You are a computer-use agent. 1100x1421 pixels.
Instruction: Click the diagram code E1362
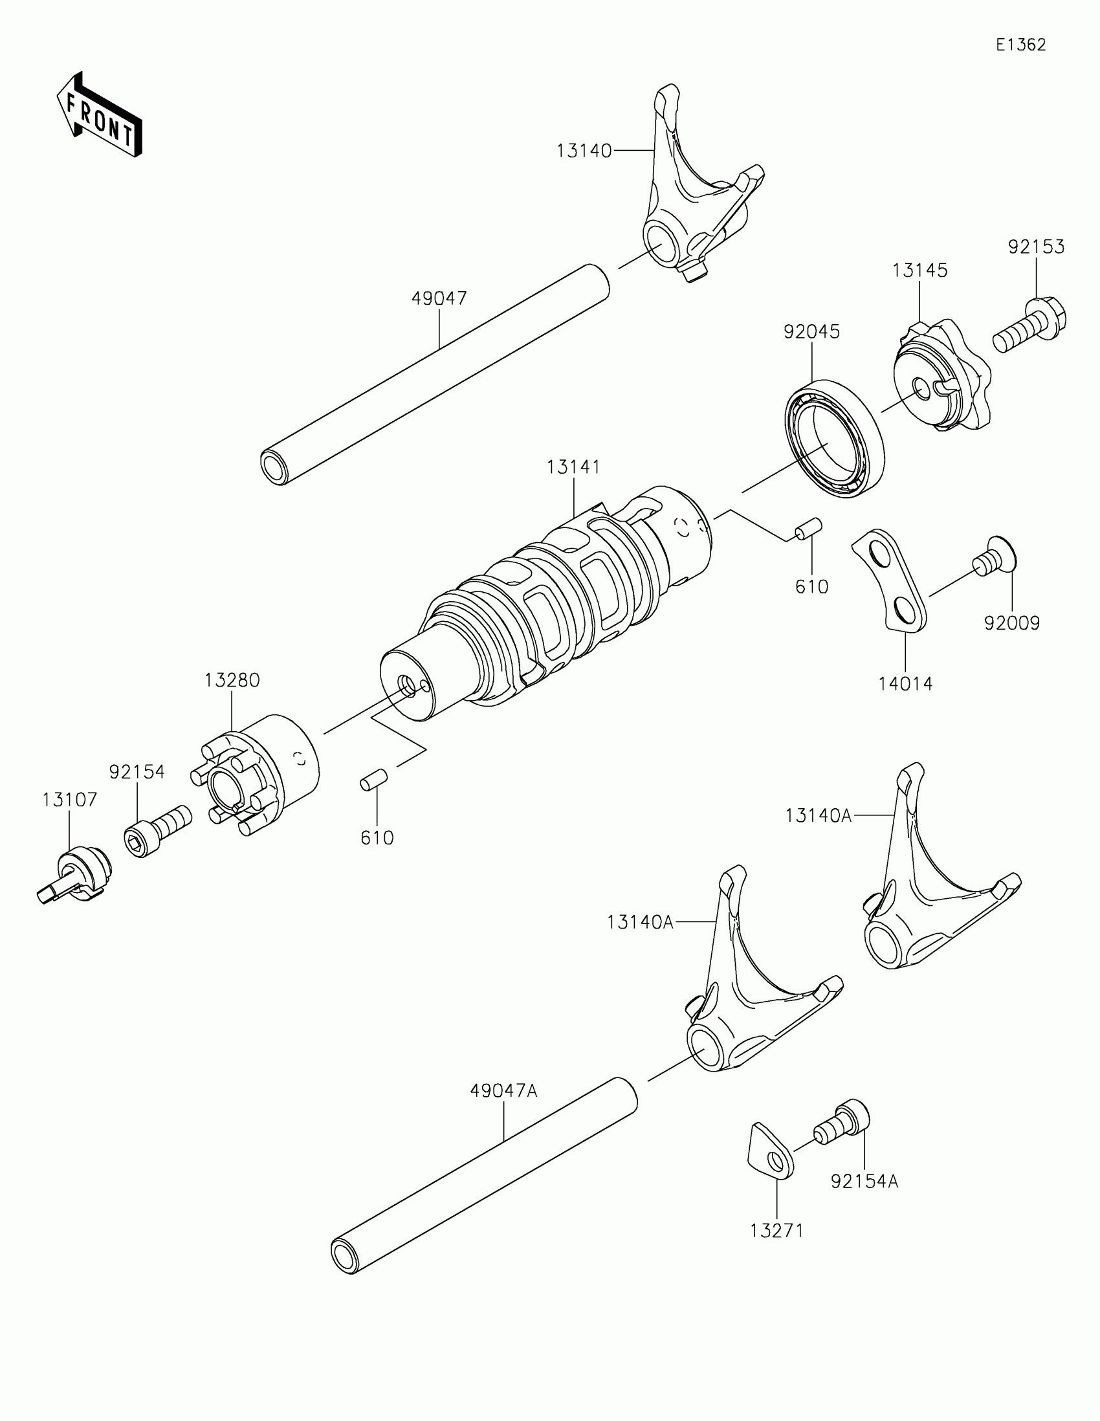[1020, 45]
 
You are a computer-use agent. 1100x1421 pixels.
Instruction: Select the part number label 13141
[573, 467]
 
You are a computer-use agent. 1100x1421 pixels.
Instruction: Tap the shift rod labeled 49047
[435, 375]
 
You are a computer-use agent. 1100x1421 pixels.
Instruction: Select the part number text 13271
[776, 1231]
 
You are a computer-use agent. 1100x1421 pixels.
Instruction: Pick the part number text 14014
[905, 684]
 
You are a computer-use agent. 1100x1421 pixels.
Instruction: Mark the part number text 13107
[70, 800]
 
